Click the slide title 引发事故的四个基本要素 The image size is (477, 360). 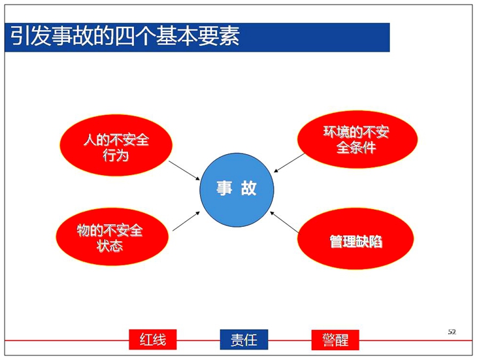pos(125,36)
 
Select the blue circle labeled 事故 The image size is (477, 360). pos(237,189)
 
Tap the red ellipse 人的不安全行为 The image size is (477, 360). pos(116,145)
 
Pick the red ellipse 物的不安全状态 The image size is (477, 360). pos(112,237)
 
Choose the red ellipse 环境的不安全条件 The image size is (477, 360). pos(357,139)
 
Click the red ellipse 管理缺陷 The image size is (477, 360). pos(355,238)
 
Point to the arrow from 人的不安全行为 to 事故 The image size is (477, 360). pos(184,171)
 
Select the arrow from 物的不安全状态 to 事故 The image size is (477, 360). pos(186,221)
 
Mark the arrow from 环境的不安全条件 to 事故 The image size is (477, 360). pos(289,163)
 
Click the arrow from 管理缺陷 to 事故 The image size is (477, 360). pos(284,222)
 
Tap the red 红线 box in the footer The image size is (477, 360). pos(153,340)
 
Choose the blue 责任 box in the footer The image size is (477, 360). pos(244,340)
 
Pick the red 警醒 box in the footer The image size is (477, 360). pos(335,340)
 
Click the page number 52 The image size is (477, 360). pos(452,332)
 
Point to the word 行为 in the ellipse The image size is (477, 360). pos(116,155)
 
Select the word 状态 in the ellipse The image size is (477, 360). pos(110,246)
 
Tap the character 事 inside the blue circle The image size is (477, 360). pos(225,188)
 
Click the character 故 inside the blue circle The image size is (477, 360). pos(249,188)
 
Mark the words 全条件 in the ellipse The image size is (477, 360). pos(356,148)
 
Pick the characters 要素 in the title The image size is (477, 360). pos(219,36)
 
